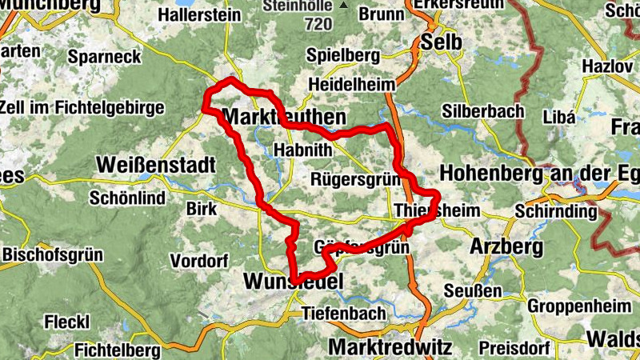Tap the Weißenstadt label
156,166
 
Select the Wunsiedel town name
292,282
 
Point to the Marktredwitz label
390,348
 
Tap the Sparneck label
104,56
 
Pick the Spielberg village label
342,56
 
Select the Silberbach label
482,112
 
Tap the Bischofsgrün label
53,255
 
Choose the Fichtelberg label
117,350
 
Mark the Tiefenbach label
343,314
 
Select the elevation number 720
318,24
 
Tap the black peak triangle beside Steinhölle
344,5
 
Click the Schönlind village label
128,198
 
